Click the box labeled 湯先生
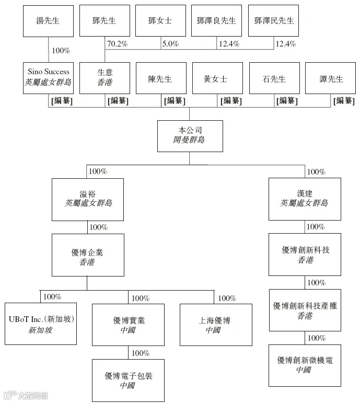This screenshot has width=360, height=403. click(48, 21)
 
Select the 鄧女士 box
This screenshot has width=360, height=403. click(160, 21)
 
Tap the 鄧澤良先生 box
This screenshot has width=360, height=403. click(217, 21)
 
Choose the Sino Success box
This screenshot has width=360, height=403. click(48, 78)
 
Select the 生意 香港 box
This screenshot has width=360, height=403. click(104, 78)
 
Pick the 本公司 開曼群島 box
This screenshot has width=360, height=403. click(190, 136)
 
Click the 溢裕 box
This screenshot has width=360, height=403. click(88, 199)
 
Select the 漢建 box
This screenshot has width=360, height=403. click(305, 199)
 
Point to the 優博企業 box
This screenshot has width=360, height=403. click(88, 255)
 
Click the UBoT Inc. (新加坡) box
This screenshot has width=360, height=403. click(40, 324)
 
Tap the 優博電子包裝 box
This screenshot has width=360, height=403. click(129, 379)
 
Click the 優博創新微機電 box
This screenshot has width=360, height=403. click(305, 365)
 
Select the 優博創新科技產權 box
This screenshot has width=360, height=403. click(305, 310)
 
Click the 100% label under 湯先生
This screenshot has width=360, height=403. click(60, 51)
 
